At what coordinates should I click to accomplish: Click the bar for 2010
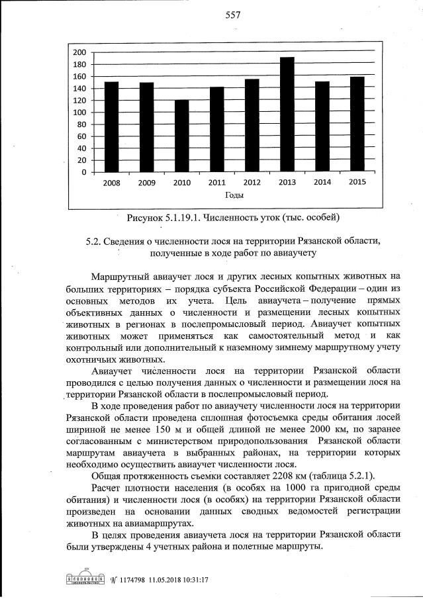click(181, 136)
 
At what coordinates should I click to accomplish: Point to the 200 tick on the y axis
click(79, 52)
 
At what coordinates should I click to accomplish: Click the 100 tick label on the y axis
click(79, 113)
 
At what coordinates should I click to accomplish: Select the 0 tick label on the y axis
click(83, 172)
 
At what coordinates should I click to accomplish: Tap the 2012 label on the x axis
click(252, 183)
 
